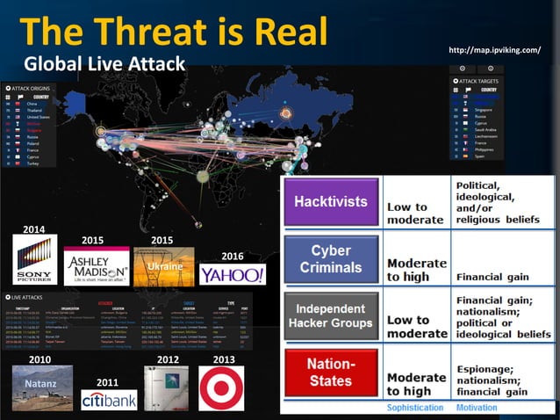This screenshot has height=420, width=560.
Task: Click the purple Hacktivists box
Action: [x=330, y=201]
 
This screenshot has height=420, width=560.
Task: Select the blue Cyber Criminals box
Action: [x=330, y=258]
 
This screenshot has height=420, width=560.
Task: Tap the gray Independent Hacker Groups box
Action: [x=330, y=315]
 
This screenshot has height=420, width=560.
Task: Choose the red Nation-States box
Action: [x=330, y=373]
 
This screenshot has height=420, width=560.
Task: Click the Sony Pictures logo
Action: [x=35, y=259]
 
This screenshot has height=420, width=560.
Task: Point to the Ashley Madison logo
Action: [x=97, y=266]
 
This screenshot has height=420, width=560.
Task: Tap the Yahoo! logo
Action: [x=232, y=274]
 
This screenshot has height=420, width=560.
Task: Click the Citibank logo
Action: [x=109, y=400]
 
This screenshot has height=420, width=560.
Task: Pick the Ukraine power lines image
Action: [x=164, y=266]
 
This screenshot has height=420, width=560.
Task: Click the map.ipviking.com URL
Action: [x=494, y=49]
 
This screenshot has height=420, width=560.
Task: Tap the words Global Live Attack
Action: [x=104, y=63]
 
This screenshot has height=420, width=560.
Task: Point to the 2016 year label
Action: [x=232, y=256]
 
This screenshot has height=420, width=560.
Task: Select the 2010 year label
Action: [x=40, y=359]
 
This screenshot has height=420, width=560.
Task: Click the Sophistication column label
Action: [x=416, y=409]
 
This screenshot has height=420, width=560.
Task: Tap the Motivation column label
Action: [x=476, y=409]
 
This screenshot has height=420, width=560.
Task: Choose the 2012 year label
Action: [x=167, y=359]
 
